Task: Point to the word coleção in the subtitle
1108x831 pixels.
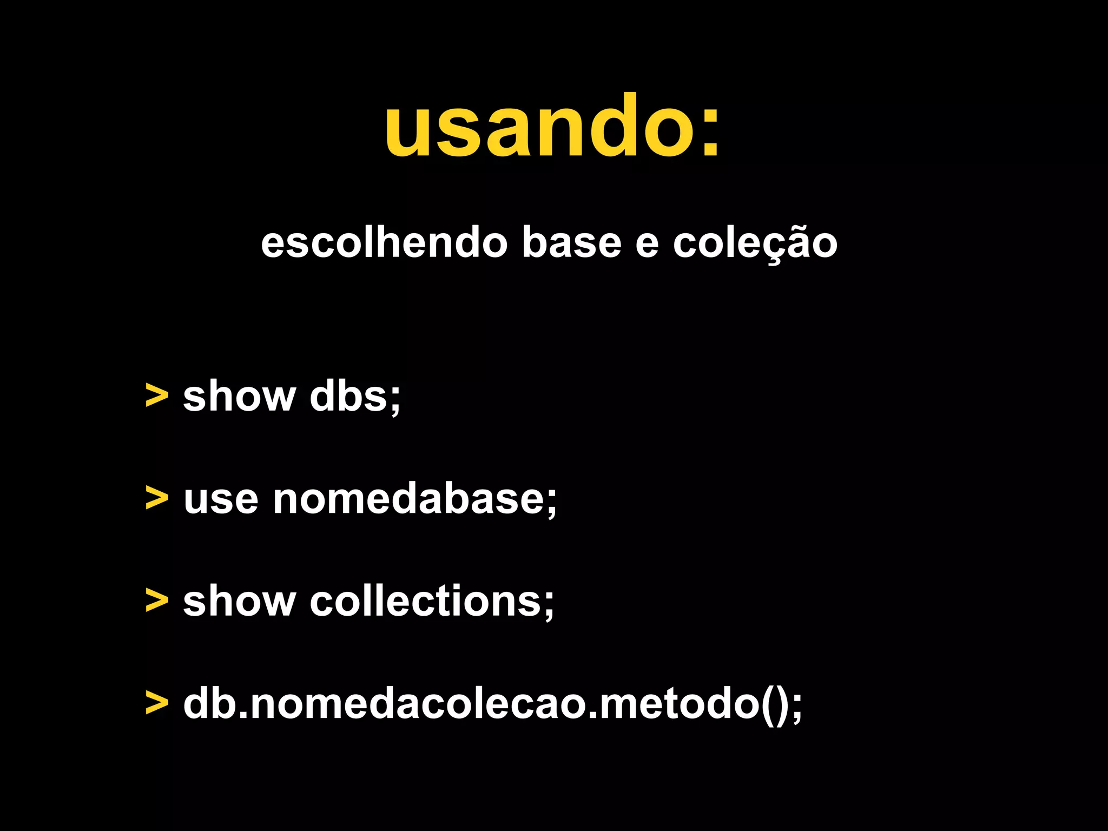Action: [755, 243]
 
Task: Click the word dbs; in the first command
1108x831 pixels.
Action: [355, 397]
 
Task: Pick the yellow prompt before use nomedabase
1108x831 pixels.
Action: [157, 498]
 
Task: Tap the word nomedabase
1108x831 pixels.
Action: [414, 499]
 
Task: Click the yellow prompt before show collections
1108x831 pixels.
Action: [157, 601]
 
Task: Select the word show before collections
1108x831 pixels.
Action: [239, 601]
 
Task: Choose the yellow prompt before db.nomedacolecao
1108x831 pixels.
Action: [157, 703]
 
